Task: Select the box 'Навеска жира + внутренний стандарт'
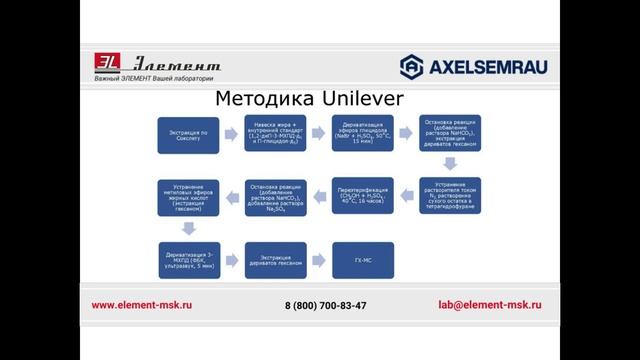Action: click(276, 134)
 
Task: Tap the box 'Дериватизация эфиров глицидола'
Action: click(363, 134)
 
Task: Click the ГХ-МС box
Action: click(363, 260)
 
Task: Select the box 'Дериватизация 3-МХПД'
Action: click(188, 260)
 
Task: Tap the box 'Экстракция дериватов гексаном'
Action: click(276, 260)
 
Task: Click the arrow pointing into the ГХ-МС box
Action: click(319, 260)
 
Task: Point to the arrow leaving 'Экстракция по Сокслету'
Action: click(232, 134)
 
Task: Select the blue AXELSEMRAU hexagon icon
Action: click(411, 66)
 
